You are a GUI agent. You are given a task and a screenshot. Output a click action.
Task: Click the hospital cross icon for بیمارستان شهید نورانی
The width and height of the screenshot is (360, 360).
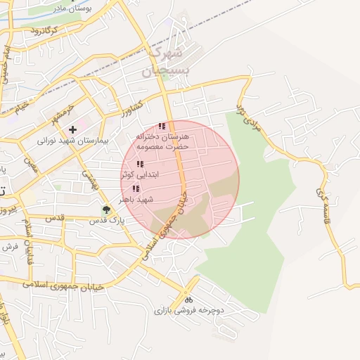click(72, 130)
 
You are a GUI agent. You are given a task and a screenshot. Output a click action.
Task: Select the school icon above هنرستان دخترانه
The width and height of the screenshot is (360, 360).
click(162, 127)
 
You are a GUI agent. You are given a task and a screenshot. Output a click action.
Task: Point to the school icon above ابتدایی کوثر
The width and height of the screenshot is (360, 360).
click(140, 164)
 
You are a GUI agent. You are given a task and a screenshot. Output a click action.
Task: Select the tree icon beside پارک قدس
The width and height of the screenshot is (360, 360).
click(107, 209)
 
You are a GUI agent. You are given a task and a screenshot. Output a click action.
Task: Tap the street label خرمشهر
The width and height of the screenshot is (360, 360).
click(61, 111)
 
